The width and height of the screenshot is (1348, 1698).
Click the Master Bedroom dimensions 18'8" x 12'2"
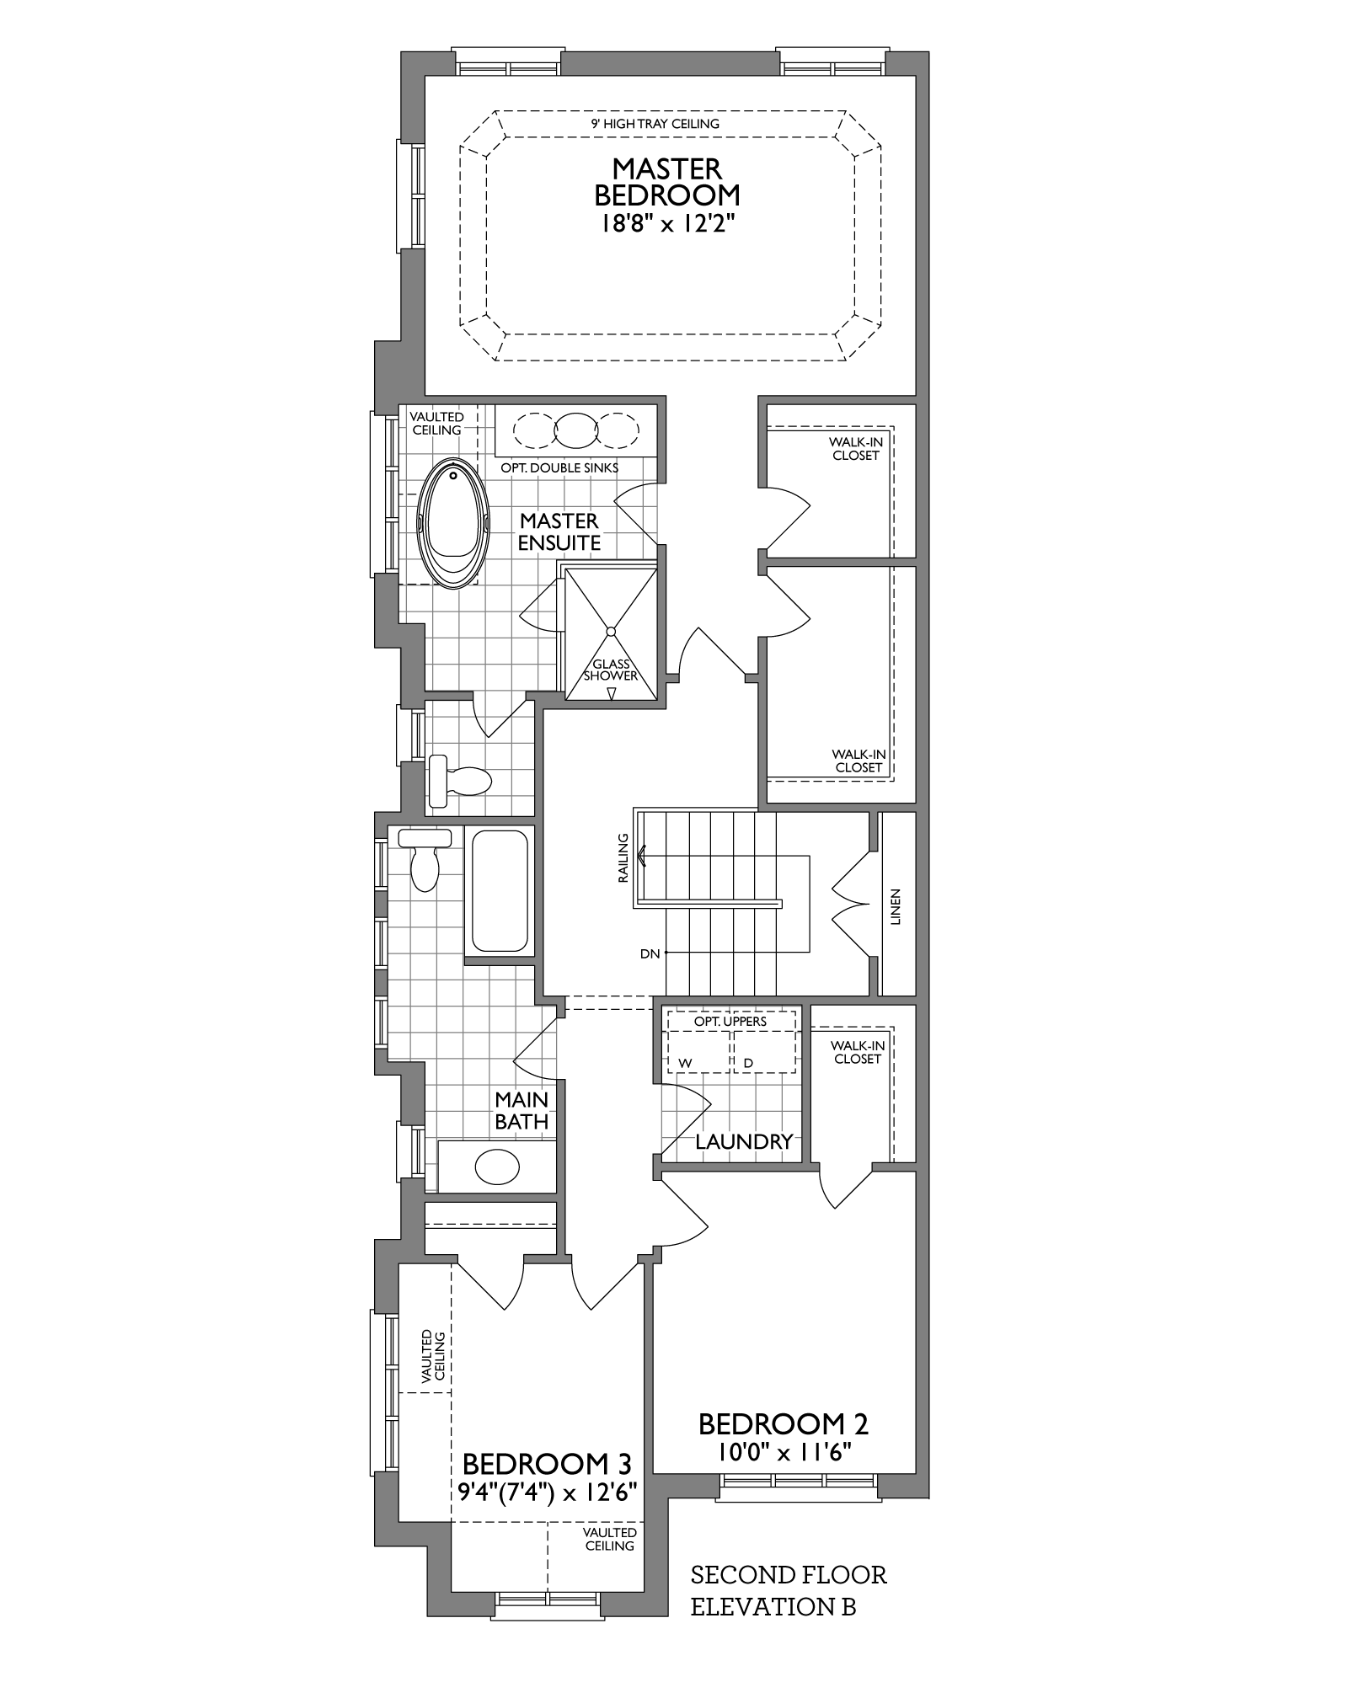coord(666,224)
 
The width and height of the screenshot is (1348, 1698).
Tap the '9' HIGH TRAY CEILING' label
coord(655,124)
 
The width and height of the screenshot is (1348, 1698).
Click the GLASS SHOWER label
coord(611,670)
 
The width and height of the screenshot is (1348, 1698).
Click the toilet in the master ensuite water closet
coord(460,781)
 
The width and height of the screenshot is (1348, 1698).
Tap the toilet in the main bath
coord(425,858)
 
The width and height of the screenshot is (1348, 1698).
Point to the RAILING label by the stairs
coord(623,857)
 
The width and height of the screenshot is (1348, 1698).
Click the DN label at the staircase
coord(650,953)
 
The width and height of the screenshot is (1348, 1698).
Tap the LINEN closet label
coord(895,906)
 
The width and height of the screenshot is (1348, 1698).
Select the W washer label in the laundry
coord(685,1064)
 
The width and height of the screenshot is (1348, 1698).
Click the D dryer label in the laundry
coord(748,1064)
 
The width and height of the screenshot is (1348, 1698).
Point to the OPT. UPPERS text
coord(730,1022)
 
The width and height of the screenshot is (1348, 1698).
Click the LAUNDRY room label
coord(744,1141)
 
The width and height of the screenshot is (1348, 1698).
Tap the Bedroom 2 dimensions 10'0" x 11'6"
coord(784,1451)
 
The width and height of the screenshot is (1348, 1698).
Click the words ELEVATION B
coord(773,1606)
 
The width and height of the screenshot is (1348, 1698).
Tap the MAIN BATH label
coord(522,1110)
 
